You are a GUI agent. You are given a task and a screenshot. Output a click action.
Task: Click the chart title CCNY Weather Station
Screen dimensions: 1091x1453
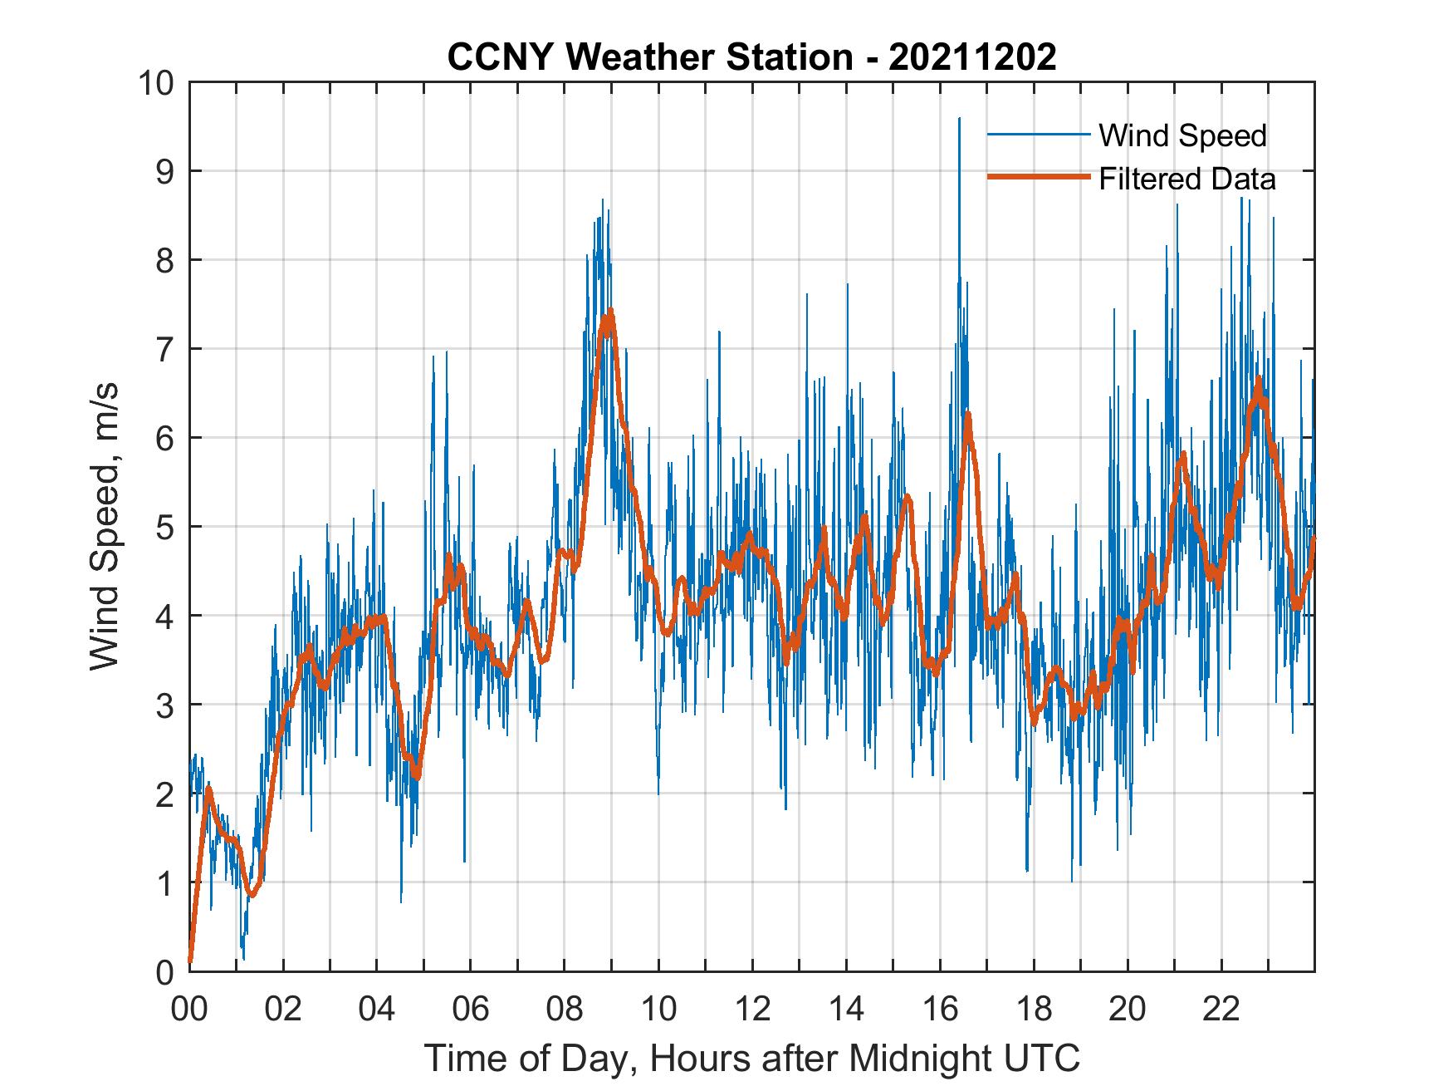pyautogui.click(x=649, y=57)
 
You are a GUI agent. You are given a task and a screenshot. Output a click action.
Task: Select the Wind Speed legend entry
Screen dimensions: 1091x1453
pyautogui.click(x=1182, y=135)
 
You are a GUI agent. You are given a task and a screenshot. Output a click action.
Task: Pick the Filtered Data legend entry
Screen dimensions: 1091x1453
pyautogui.click(x=1186, y=179)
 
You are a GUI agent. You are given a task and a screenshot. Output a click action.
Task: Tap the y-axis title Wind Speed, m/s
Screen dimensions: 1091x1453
pyautogui.click(x=105, y=526)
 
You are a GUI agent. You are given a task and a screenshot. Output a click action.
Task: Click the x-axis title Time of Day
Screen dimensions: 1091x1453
pyautogui.click(x=752, y=1058)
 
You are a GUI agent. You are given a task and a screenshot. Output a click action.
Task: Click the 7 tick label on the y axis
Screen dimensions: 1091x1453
pyautogui.click(x=164, y=349)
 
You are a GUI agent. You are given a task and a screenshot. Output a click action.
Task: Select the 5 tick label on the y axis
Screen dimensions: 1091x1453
pyautogui.click(x=164, y=527)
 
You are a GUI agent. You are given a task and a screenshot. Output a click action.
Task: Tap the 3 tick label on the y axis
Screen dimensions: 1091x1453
pyautogui.click(x=164, y=705)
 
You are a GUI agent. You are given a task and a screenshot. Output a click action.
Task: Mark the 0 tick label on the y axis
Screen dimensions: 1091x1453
pyautogui.click(x=164, y=971)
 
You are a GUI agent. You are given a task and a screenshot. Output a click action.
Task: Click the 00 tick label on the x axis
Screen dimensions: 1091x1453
pyautogui.click(x=189, y=1010)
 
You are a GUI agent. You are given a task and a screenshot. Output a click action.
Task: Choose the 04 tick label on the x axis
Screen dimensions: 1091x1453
pyautogui.click(x=377, y=1010)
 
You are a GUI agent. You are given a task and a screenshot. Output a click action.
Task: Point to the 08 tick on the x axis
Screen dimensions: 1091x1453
pyautogui.click(x=565, y=1010)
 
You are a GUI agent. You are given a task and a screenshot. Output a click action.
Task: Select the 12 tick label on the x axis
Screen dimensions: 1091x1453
pyautogui.click(x=752, y=1010)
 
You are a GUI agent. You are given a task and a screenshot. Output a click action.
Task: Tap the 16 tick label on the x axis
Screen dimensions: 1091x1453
pyautogui.click(x=940, y=1010)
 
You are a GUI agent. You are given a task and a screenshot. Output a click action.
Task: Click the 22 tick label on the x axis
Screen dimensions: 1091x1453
pyautogui.click(x=1221, y=1010)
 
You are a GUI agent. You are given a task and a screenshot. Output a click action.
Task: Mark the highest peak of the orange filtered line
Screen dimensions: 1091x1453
pyautogui.click(x=610, y=312)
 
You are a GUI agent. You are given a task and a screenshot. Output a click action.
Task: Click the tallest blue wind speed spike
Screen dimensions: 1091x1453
pyautogui.click(x=960, y=119)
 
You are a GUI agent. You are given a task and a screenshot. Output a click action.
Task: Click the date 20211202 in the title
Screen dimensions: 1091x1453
pyautogui.click(x=973, y=57)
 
